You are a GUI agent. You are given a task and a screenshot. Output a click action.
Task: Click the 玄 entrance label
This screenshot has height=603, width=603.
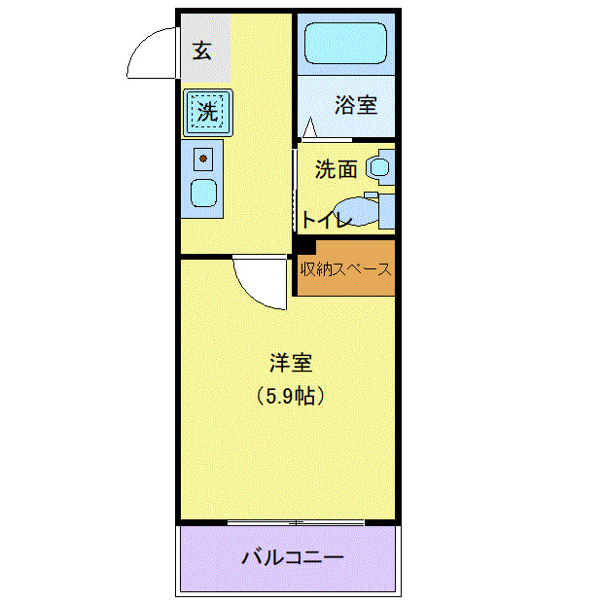click(x=201, y=51)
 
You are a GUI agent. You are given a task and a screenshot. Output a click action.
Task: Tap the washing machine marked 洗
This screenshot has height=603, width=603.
click(x=206, y=110)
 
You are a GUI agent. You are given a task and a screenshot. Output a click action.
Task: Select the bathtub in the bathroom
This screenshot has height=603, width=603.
click(x=345, y=45)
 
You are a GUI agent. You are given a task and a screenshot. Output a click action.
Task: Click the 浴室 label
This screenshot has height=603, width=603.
click(x=356, y=105)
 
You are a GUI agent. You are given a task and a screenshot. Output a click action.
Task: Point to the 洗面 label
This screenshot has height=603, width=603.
click(x=336, y=169)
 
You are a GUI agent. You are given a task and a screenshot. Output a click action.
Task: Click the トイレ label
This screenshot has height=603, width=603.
click(x=325, y=220)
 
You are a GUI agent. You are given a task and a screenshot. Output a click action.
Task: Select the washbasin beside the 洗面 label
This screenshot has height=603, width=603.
click(x=379, y=167)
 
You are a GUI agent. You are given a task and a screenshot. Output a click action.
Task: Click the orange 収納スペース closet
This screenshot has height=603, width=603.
click(x=346, y=268)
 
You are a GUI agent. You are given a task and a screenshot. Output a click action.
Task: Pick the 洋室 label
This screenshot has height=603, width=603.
click(x=290, y=364)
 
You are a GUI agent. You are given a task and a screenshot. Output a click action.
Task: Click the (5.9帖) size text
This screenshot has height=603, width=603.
click(x=290, y=397)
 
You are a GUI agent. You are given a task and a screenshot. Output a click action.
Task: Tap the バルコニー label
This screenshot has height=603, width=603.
click(x=292, y=558)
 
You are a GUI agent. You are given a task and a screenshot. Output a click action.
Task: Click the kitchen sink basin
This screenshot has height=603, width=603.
click(x=203, y=192)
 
